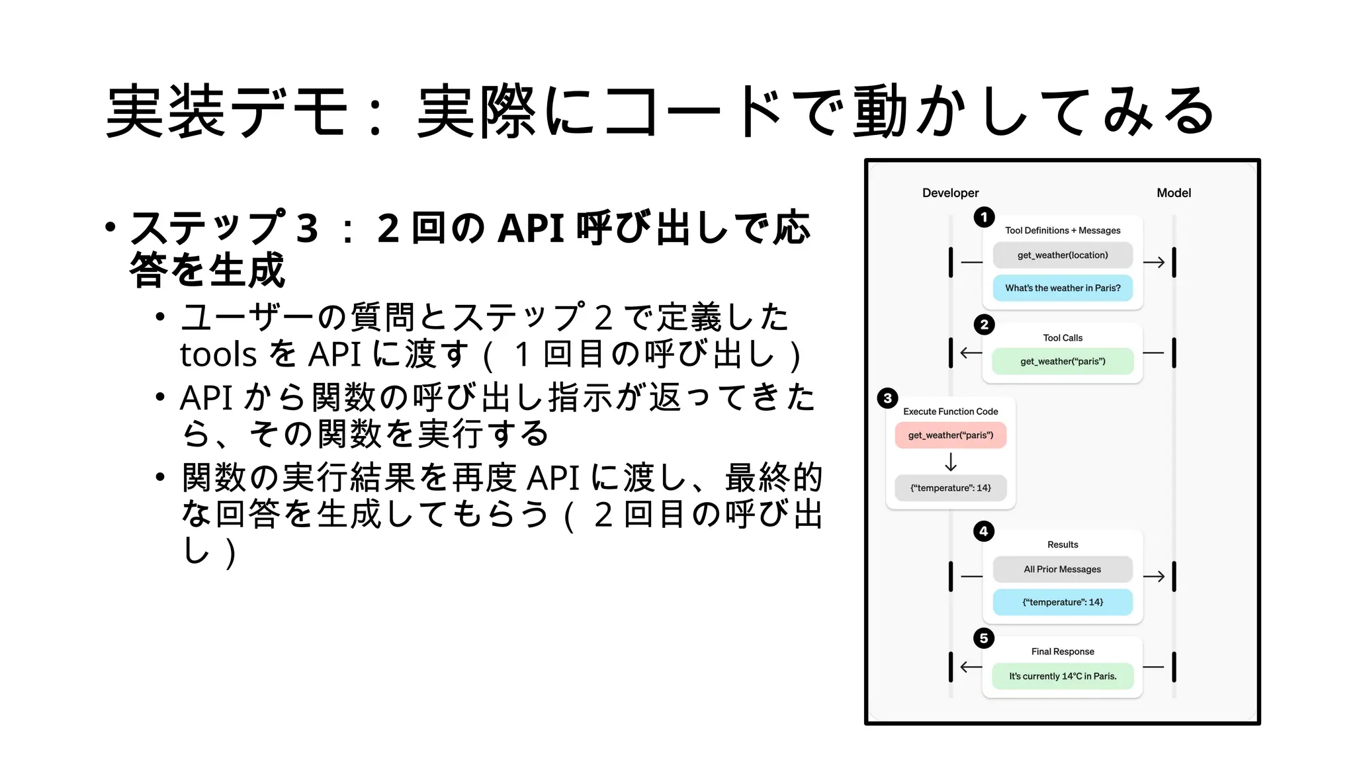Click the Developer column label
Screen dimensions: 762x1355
tap(950, 193)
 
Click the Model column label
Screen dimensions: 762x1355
tap(1173, 193)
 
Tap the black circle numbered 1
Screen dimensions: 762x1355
tap(984, 217)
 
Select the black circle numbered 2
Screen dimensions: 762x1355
tap(984, 324)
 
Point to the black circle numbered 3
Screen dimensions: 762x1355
tap(887, 398)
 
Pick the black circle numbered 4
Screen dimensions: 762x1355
tap(984, 531)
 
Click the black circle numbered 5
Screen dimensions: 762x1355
tap(984, 638)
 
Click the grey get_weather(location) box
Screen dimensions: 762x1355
tap(1063, 255)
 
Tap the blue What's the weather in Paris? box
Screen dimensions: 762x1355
tap(1063, 288)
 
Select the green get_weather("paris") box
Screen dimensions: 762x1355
tap(1063, 362)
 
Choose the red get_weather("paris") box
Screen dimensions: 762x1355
tap(950, 435)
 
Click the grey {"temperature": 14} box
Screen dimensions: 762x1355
tap(950, 488)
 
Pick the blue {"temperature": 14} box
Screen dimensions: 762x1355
tap(1063, 603)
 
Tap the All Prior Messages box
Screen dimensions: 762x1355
tap(1063, 570)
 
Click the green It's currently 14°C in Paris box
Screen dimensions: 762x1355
tap(1063, 677)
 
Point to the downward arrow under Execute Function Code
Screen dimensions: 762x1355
tap(951, 462)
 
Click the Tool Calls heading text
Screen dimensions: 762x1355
tap(1063, 338)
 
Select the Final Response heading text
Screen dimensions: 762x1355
tap(1063, 652)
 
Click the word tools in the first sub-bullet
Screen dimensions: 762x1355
tap(218, 355)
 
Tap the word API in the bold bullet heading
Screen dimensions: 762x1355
tap(530, 229)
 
